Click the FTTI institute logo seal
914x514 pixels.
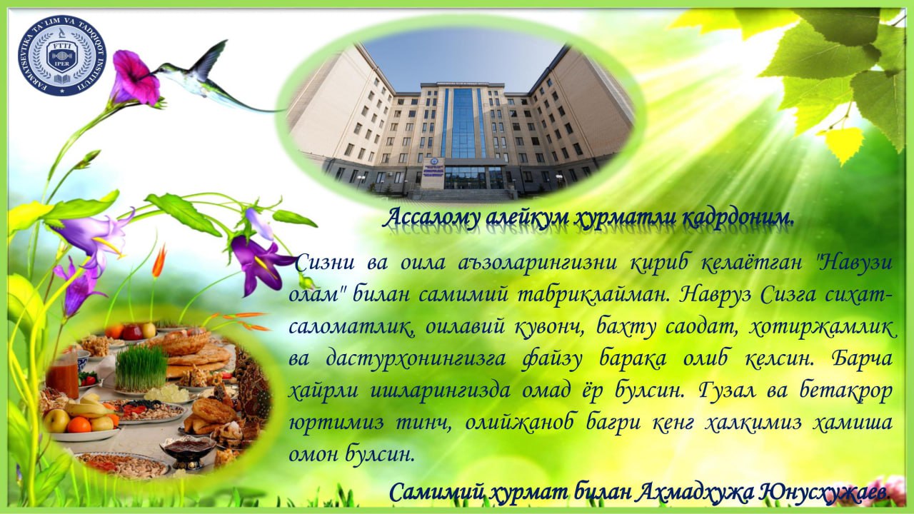pyautogui.click(x=62, y=56)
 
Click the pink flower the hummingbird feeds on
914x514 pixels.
pyautogui.click(x=135, y=79)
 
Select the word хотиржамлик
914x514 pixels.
pyautogui.click(x=823, y=328)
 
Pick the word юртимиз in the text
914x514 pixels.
pyautogui.click(x=336, y=423)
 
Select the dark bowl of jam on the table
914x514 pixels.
pyautogui.click(x=188, y=449)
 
